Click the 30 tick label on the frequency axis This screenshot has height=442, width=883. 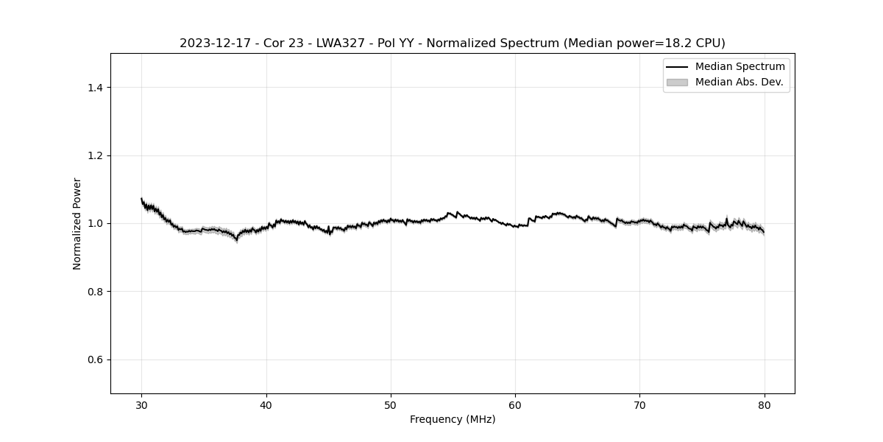142,404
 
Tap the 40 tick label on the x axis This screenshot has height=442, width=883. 266,404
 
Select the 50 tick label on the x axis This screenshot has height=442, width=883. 391,404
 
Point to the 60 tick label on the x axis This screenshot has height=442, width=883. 515,404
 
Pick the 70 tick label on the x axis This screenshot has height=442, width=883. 639,404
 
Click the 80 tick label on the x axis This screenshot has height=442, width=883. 765,404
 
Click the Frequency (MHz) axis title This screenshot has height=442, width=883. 453,419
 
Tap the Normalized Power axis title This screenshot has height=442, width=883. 77,223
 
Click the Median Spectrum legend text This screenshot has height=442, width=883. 740,67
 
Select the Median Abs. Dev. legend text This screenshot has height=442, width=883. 739,82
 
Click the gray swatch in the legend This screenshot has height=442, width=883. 677,83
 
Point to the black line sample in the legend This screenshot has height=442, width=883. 677,67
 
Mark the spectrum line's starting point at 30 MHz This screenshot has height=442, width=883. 142,199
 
